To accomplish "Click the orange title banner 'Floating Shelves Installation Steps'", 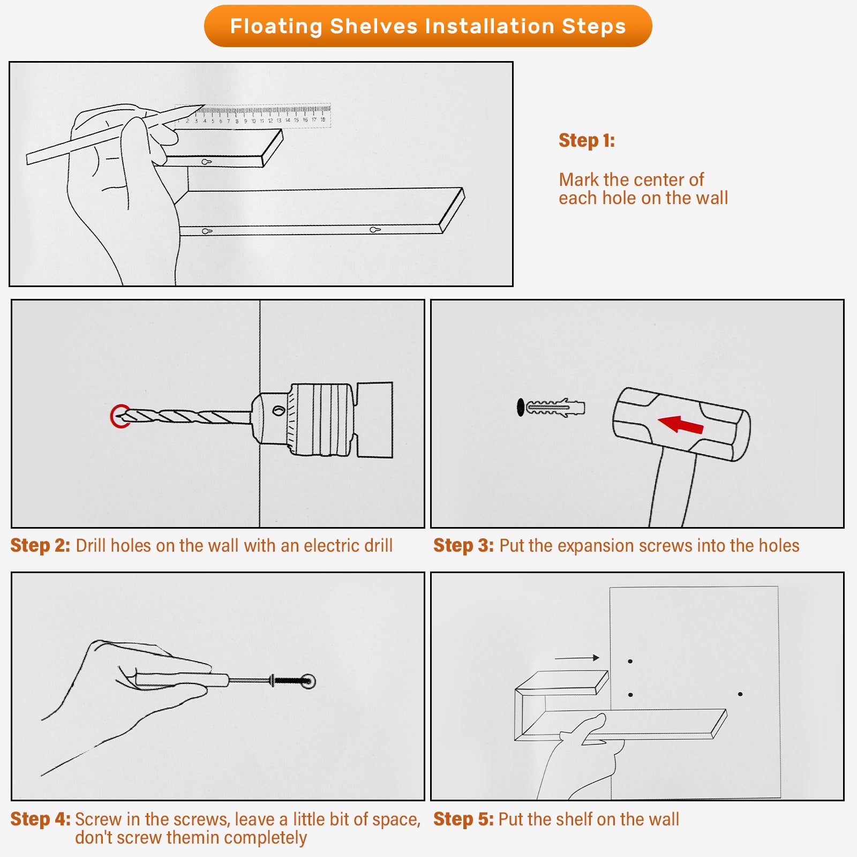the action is [x=428, y=26].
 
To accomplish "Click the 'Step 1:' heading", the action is [x=587, y=140].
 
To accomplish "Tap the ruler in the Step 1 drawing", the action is [x=253, y=115].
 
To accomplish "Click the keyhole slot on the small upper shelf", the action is [x=207, y=162].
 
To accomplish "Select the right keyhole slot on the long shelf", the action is [x=375, y=230].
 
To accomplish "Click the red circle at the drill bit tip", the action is [x=121, y=416].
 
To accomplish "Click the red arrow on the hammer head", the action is [x=681, y=425].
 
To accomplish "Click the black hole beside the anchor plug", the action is [x=520, y=407].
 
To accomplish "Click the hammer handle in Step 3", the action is [x=673, y=487].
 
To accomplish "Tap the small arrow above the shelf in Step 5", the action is [x=577, y=658].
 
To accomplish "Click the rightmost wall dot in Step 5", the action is [x=740, y=694].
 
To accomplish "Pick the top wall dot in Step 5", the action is [x=630, y=661].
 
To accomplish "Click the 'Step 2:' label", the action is [x=40, y=545].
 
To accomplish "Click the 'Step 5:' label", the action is [x=463, y=819].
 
